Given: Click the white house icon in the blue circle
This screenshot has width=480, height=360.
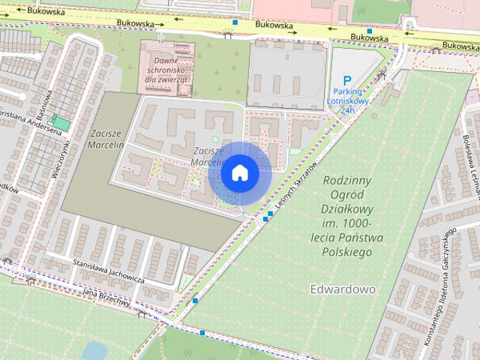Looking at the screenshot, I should point(239,172).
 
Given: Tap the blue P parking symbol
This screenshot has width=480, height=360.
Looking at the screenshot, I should point(346,81).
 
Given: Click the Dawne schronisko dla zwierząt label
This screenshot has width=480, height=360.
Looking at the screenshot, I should point(166,69).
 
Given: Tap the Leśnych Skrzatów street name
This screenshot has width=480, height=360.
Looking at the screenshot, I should point(297,184).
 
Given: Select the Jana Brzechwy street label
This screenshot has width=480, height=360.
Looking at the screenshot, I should point(106,297).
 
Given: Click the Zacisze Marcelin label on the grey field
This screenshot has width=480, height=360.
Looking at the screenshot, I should point(104,139).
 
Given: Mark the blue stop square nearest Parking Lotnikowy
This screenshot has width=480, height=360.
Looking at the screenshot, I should point(369,31).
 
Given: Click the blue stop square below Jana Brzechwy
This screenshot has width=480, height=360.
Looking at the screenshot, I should point(194,301).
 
